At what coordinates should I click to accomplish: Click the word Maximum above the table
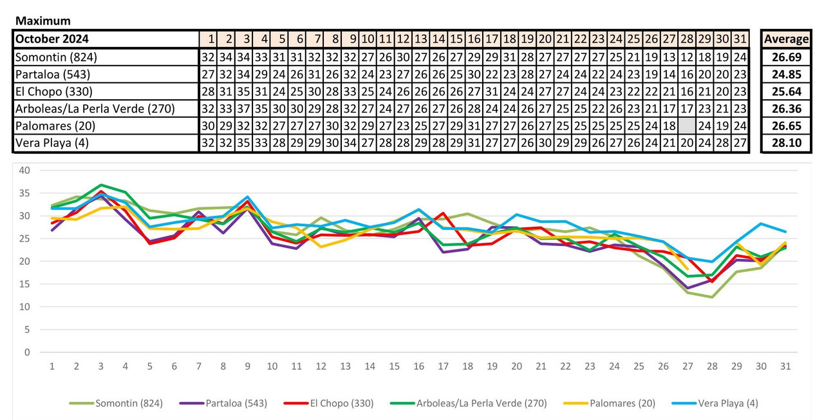(43, 21)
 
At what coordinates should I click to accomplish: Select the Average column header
(786, 39)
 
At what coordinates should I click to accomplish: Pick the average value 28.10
(786, 143)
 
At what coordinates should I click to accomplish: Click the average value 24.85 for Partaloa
(786, 74)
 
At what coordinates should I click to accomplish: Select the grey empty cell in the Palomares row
(687, 126)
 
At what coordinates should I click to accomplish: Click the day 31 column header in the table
(740, 39)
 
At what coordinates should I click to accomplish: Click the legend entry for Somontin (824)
(116, 404)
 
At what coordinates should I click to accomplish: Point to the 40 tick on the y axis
(25, 171)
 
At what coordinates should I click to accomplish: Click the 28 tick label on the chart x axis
(711, 367)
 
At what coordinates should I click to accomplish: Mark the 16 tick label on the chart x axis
(418, 367)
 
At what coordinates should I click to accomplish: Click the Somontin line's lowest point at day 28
(711, 297)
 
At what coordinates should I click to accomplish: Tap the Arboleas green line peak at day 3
(101, 185)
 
